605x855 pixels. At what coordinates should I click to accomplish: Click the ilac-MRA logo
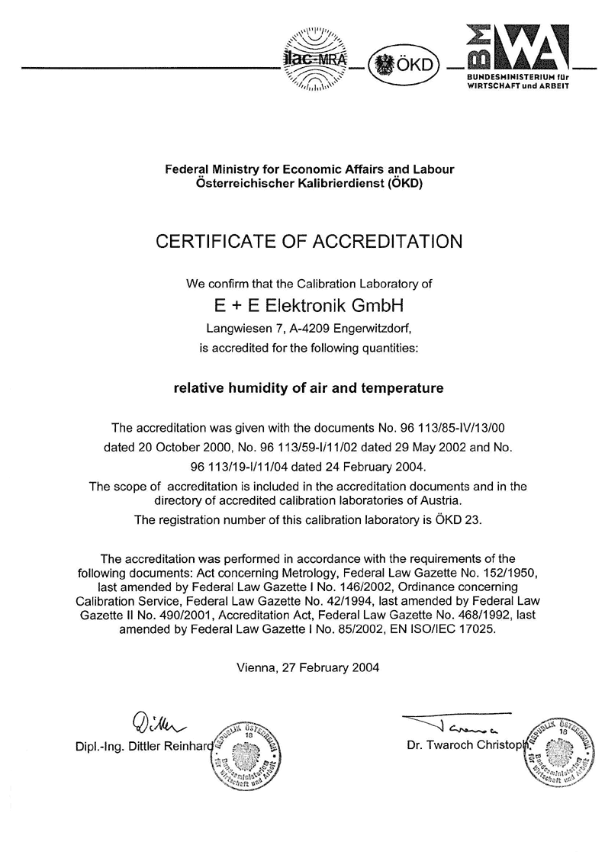[x=314, y=58]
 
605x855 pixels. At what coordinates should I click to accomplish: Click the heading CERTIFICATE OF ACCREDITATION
[x=309, y=242]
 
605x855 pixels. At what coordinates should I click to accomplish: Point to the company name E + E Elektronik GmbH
[x=309, y=307]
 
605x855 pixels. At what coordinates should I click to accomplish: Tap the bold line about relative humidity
[x=309, y=388]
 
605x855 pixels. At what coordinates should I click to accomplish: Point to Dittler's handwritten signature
[x=157, y=719]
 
